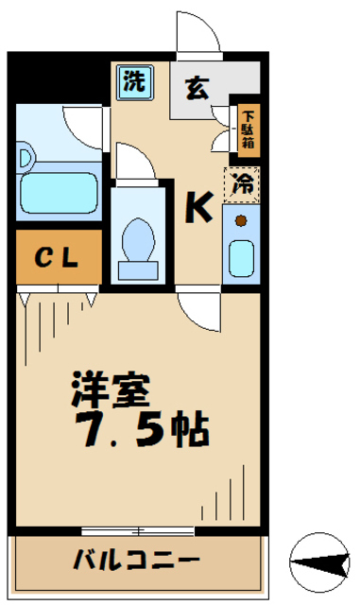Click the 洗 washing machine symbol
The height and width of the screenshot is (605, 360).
[x=133, y=81]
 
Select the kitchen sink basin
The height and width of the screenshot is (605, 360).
[x=242, y=255]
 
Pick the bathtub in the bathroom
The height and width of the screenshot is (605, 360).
[x=59, y=191]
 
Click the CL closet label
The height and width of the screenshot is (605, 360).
[x=56, y=258]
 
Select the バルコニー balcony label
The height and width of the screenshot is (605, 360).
[x=136, y=559]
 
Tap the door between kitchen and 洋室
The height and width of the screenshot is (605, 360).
[x=198, y=308]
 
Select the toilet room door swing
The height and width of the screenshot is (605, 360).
[x=132, y=160]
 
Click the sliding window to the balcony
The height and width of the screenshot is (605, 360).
[x=141, y=530]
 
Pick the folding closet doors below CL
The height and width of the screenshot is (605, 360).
[x=57, y=301]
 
